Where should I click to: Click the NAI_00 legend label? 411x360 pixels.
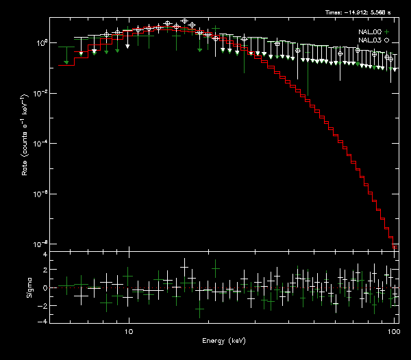click(369, 31)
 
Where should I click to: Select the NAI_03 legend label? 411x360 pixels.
click(369, 40)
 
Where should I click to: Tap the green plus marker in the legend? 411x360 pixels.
click(387, 31)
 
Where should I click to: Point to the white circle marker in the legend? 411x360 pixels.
click(387, 40)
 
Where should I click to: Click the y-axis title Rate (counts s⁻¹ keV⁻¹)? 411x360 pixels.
click(25, 144)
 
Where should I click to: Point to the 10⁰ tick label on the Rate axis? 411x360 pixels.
click(40, 42)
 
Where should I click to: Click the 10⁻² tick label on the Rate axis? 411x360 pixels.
click(40, 93)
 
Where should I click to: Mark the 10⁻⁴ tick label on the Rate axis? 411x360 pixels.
click(40, 143)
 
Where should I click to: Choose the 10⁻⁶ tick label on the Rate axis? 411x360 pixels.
click(40, 194)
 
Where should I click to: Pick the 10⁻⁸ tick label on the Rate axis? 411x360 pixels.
click(40, 244)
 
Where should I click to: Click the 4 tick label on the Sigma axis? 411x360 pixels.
click(45, 255)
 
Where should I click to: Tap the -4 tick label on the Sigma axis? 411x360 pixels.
click(43, 322)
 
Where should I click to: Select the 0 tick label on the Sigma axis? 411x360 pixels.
click(45, 288)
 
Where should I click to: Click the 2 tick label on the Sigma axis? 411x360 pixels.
click(45, 271)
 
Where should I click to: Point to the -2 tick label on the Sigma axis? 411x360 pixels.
click(43, 305)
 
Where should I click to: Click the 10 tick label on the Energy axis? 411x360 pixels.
click(128, 331)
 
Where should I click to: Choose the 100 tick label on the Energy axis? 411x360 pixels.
click(393, 331)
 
